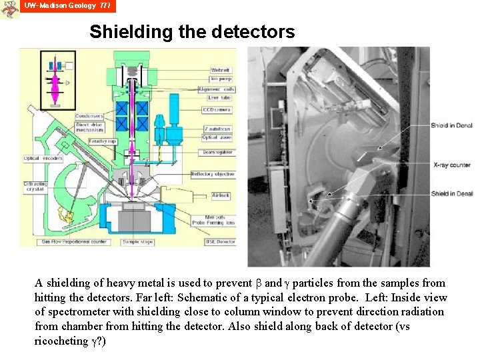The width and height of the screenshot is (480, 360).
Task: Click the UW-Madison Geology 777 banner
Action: point(67,6)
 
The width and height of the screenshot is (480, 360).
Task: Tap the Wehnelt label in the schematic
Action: point(220,70)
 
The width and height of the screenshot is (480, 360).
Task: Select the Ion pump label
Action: point(220,79)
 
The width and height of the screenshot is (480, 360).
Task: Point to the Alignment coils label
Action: point(219,89)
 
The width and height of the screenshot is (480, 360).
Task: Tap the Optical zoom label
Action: point(217,137)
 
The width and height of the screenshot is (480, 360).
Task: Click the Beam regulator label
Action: point(217,152)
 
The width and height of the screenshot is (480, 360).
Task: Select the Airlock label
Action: point(221,195)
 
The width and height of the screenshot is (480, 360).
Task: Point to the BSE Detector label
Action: point(221,241)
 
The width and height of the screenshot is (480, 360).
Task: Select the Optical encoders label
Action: point(43,159)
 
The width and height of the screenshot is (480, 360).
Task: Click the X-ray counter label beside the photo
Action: point(451,165)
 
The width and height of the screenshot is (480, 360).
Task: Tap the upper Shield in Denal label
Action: point(451,125)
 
